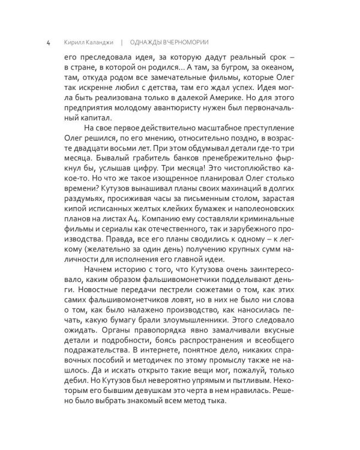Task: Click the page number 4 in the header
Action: click(39, 43)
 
